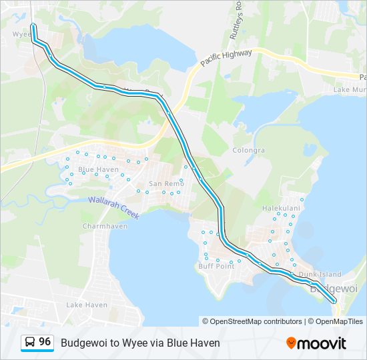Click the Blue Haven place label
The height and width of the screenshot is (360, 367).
pyautogui.click(x=99, y=170)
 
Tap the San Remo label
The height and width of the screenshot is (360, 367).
pyautogui.click(x=165, y=183)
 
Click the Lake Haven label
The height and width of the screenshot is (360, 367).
pyautogui.click(x=87, y=305)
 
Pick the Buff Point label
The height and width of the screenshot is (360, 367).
pyautogui.click(x=216, y=266)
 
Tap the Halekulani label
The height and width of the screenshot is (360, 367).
pyautogui.click(x=281, y=208)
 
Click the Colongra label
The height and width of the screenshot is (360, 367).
pyautogui.click(x=249, y=151)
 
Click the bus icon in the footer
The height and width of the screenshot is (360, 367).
pyautogui.click(x=29, y=343)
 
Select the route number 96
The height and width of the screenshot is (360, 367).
pyautogui.click(x=45, y=342)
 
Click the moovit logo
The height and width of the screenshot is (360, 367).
pyautogui.click(x=316, y=343)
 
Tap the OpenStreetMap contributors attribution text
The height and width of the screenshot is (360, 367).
pyautogui.click(x=256, y=321)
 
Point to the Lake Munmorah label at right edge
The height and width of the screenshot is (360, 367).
pyautogui.click(x=350, y=89)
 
